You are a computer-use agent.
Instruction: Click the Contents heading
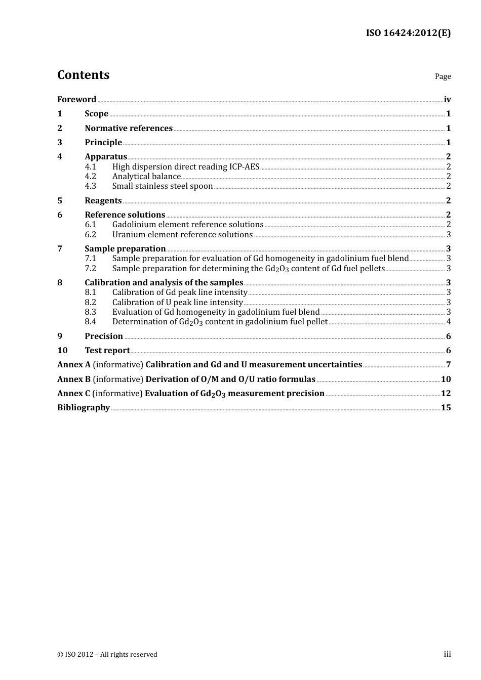[83, 75]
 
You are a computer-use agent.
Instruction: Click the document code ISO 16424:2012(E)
[408, 33]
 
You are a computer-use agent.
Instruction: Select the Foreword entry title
[76, 100]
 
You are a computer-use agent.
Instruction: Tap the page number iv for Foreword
[447, 100]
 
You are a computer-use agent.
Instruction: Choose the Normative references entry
[129, 129]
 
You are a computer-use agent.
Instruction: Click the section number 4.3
[90, 186]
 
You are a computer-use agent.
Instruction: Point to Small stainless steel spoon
[162, 186]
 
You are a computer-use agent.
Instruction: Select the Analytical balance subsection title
[146, 177]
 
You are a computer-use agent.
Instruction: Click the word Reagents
[103, 201]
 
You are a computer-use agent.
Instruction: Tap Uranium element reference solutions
[182, 235]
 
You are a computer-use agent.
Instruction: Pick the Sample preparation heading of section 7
[125, 249]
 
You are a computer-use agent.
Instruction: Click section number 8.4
[90, 322]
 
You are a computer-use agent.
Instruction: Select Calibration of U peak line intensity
[177, 303]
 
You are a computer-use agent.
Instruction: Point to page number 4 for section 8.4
[449, 322]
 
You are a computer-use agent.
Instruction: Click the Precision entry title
[104, 336]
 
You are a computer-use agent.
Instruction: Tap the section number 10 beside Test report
[62, 351]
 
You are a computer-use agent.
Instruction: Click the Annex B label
[74, 379]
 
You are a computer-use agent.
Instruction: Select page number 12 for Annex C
[446, 394]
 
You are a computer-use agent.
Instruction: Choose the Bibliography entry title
[84, 408]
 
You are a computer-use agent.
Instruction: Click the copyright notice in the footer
[107, 655]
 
